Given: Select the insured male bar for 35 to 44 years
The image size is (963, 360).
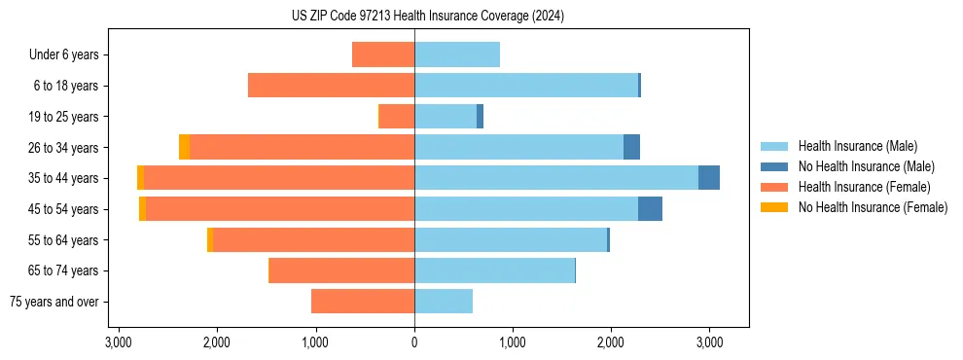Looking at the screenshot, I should (556, 178).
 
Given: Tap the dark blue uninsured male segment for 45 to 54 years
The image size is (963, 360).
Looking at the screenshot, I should (650, 209).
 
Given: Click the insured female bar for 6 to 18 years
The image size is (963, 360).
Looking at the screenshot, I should (331, 86).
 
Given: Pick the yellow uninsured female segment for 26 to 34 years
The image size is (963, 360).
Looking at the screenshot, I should (184, 147).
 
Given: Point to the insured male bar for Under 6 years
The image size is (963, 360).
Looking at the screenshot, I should (457, 54).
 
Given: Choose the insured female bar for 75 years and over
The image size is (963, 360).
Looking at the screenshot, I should (363, 302).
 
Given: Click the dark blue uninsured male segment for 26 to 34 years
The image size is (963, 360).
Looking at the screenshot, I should (631, 147).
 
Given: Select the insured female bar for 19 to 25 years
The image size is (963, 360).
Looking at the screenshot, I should (397, 117).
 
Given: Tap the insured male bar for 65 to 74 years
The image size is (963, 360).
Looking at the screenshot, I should (494, 270).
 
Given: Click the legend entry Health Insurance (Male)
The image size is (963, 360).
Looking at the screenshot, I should (857, 146).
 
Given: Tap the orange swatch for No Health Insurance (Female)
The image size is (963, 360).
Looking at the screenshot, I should (774, 207).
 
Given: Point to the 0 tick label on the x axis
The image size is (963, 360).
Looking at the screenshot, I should (414, 342).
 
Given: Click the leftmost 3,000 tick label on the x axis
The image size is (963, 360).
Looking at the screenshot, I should (118, 342).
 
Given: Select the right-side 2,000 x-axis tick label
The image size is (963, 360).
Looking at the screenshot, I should (611, 342).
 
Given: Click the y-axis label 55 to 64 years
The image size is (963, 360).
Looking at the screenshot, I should (63, 240).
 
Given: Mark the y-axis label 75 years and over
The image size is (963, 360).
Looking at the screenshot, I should (54, 302).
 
